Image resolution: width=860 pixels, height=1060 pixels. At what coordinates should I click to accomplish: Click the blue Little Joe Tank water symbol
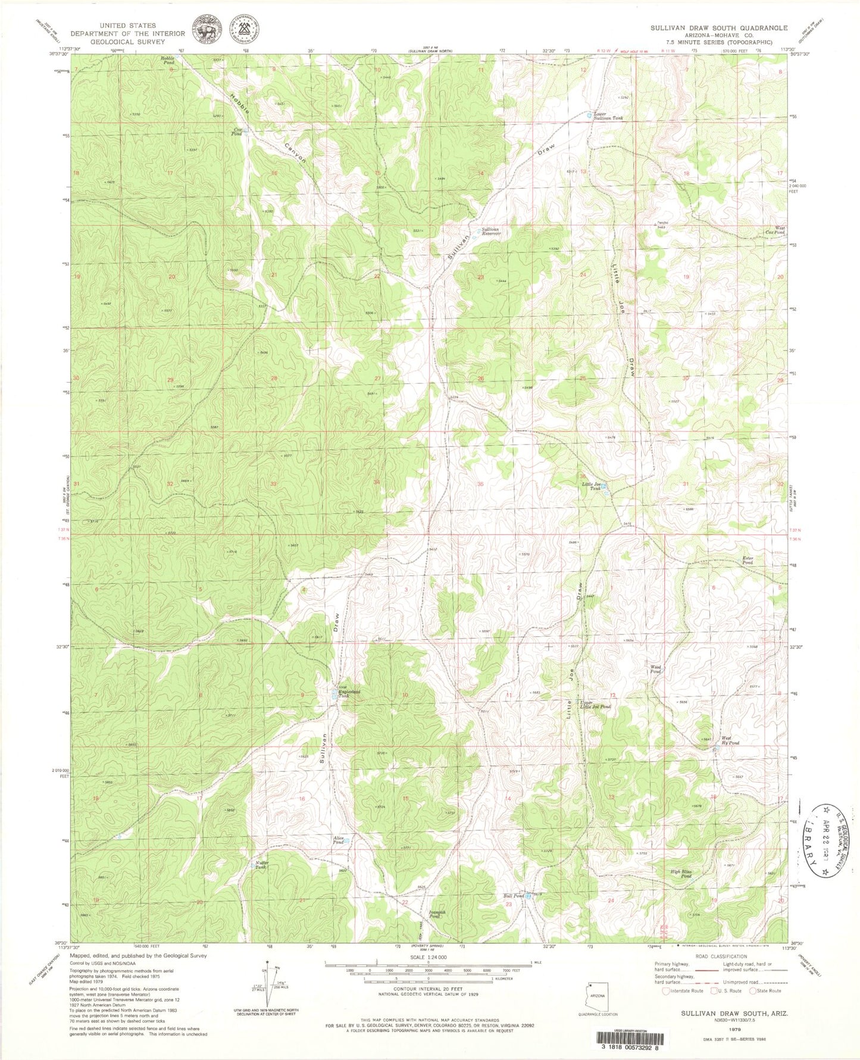(605, 487)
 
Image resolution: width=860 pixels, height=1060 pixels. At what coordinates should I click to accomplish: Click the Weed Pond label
(655, 669)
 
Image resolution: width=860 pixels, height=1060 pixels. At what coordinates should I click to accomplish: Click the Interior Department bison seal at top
(204, 30)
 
